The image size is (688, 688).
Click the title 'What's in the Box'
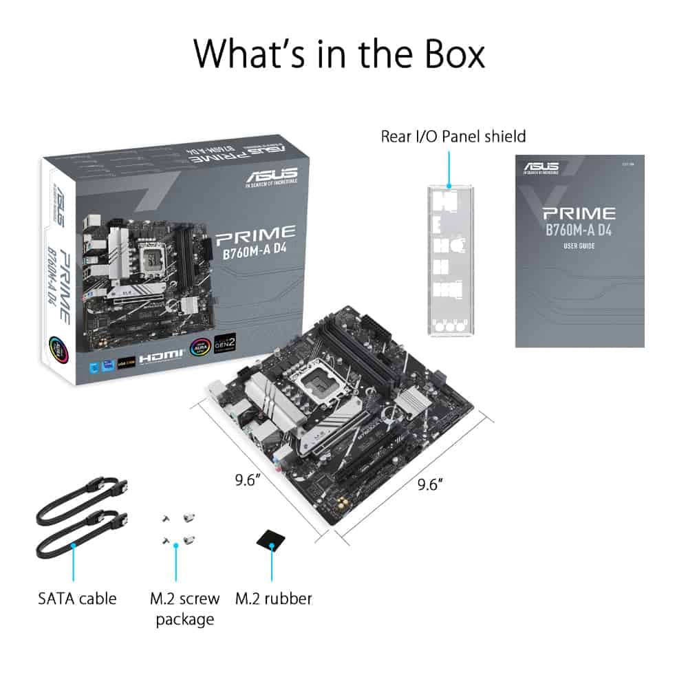[339, 54]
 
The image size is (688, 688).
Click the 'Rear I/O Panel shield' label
[453, 136]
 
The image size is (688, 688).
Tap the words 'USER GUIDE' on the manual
[579, 246]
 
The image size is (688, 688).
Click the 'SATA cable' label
[77, 598]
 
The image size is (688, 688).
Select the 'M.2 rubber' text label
[273, 598]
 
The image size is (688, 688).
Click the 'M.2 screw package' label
[184, 608]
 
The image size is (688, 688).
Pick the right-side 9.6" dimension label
[429, 484]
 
